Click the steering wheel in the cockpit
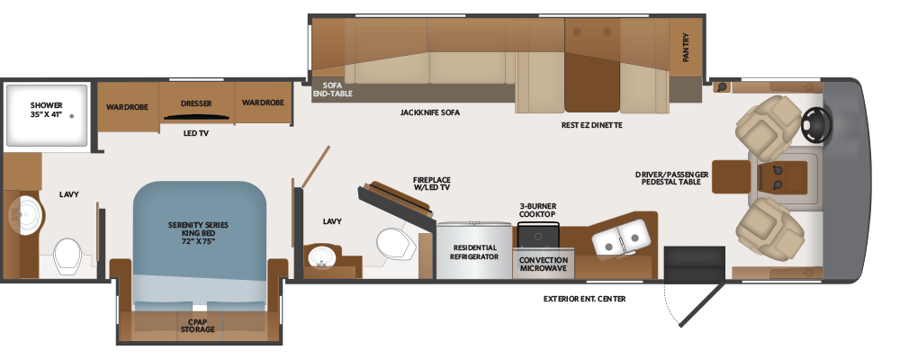(816, 126)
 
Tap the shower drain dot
(72, 116)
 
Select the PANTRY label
(686, 47)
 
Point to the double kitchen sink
(621, 237)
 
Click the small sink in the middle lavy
(321, 256)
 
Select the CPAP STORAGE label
(197, 326)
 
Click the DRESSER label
(196, 103)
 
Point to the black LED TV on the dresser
(197, 117)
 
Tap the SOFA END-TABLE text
(333, 89)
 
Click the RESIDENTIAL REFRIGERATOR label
(474, 252)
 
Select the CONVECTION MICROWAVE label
(543, 264)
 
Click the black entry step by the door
(695, 264)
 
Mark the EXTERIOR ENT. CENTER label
(585, 299)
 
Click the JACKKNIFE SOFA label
(430, 112)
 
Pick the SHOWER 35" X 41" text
(47, 109)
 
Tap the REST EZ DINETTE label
(592, 124)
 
